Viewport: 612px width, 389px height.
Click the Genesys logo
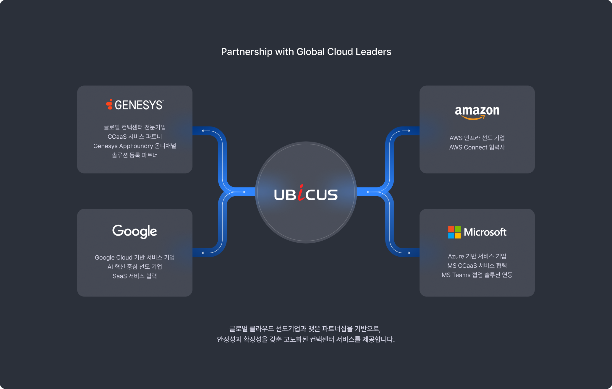pyautogui.click(x=135, y=105)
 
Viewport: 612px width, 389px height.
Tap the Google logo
pyautogui.click(x=135, y=231)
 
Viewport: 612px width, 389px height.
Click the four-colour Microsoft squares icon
pyautogui.click(x=454, y=232)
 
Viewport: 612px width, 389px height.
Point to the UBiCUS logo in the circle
pyautogui.click(x=306, y=194)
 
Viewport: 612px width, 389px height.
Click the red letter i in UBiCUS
pyautogui.click(x=301, y=193)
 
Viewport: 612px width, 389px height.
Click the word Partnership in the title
pyautogui.click(x=247, y=52)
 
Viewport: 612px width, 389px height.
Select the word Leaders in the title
pyautogui.click(x=373, y=52)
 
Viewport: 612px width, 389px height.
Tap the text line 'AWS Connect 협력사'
pyautogui.click(x=477, y=147)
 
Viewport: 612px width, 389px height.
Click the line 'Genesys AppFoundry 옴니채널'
pyautogui.click(x=135, y=146)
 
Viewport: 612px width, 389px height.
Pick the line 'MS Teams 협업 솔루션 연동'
pyautogui.click(x=477, y=275)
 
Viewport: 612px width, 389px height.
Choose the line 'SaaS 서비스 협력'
pyautogui.click(x=135, y=276)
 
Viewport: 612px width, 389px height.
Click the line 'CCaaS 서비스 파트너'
pyautogui.click(x=135, y=137)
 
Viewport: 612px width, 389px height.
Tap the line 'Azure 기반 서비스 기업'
pyautogui.click(x=477, y=256)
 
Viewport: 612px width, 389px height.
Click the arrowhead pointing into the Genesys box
pyautogui.click(x=203, y=131)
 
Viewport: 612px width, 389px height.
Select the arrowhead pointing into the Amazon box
pyautogui.click(x=409, y=131)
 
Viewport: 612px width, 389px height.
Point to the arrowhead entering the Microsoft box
pyautogui.click(x=409, y=253)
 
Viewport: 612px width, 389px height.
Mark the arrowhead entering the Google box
pyautogui.click(x=203, y=253)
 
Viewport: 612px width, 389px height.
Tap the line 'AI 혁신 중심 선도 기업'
pyautogui.click(x=135, y=267)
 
